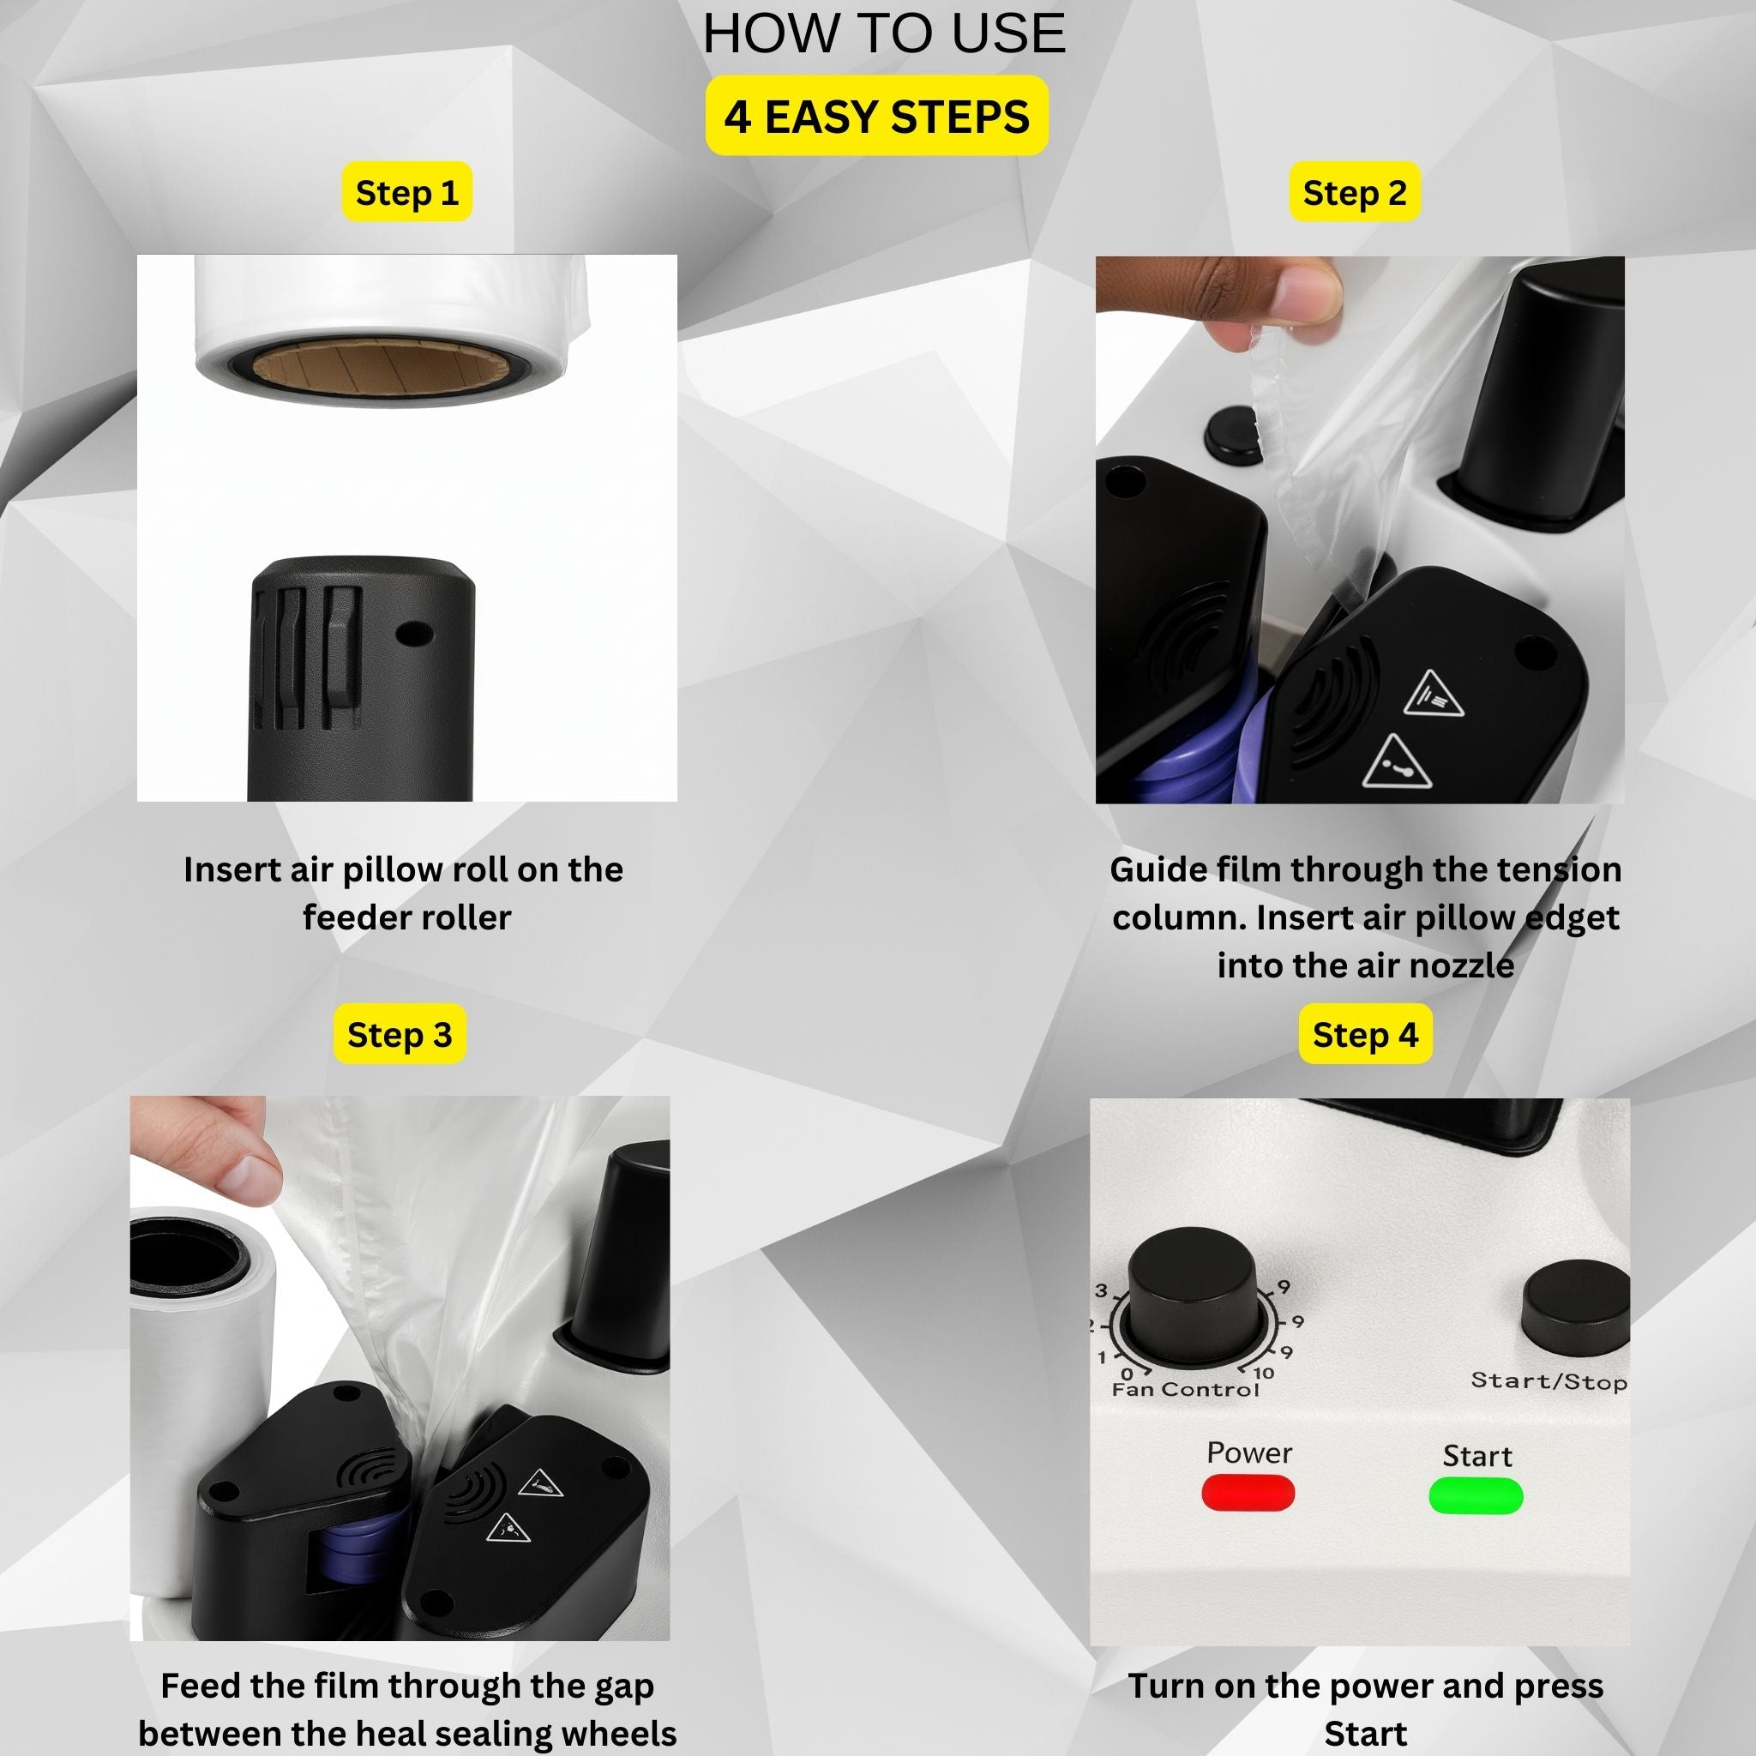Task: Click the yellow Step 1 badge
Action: point(406,192)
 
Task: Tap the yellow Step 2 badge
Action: point(1354,192)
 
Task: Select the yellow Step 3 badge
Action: point(399,1034)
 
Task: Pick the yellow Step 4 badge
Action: point(1365,1034)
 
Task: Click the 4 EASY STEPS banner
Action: point(877,116)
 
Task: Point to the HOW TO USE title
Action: point(883,33)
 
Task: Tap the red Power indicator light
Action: point(1248,1494)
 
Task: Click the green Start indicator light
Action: point(1476,1496)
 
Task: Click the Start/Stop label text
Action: point(1549,1381)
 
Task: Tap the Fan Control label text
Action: point(1185,1390)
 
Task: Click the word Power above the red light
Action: point(1248,1452)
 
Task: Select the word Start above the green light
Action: point(1477,1456)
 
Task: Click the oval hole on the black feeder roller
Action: point(412,634)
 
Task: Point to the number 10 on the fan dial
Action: point(1263,1373)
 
